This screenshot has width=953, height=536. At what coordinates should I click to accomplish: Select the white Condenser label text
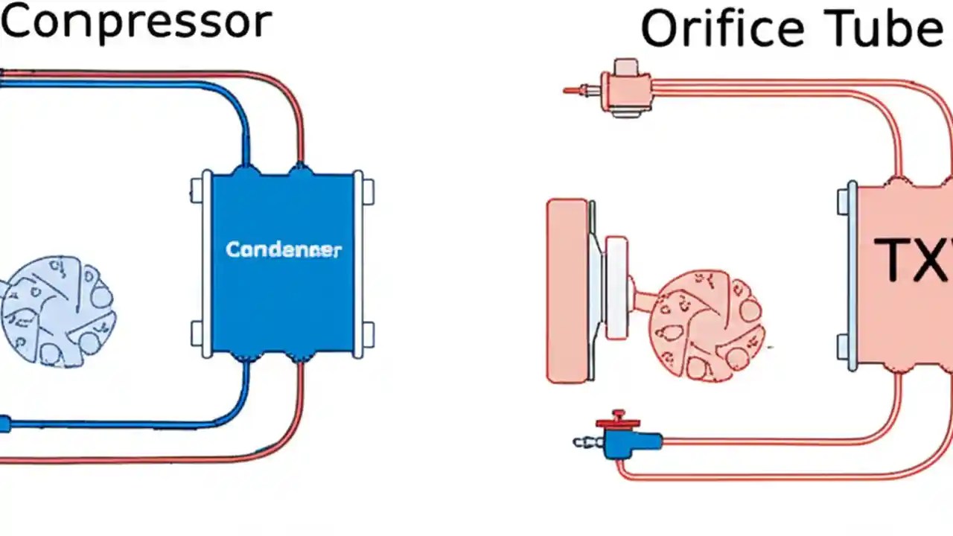tap(283, 249)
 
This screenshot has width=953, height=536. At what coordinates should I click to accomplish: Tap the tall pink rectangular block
tap(567, 290)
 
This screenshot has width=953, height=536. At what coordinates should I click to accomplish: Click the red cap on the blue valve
tap(617, 421)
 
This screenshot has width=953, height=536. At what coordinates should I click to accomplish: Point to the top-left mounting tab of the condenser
tap(197, 190)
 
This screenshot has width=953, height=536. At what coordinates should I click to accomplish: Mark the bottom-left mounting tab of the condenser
tap(197, 334)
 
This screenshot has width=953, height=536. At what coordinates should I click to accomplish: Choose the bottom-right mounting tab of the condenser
tap(368, 334)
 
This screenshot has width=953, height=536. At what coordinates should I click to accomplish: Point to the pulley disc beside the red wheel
tap(616, 288)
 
